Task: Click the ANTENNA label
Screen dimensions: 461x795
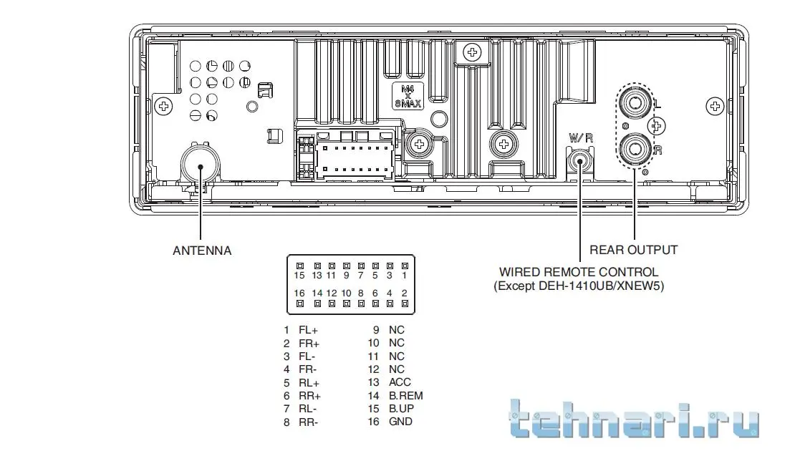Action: click(202, 251)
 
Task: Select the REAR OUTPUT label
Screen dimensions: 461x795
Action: click(633, 250)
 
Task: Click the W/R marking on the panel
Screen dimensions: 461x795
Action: click(580, 137)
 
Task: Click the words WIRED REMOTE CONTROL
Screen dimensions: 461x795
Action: click(578, 272)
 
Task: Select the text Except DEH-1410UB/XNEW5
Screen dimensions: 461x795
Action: click(579, 286)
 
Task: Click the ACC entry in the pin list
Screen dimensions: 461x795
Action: click(400, 382)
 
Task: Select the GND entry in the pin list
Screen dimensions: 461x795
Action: click(400, 422)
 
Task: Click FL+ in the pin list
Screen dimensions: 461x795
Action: click(308, 330)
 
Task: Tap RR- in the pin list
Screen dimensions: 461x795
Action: click(309, 422)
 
